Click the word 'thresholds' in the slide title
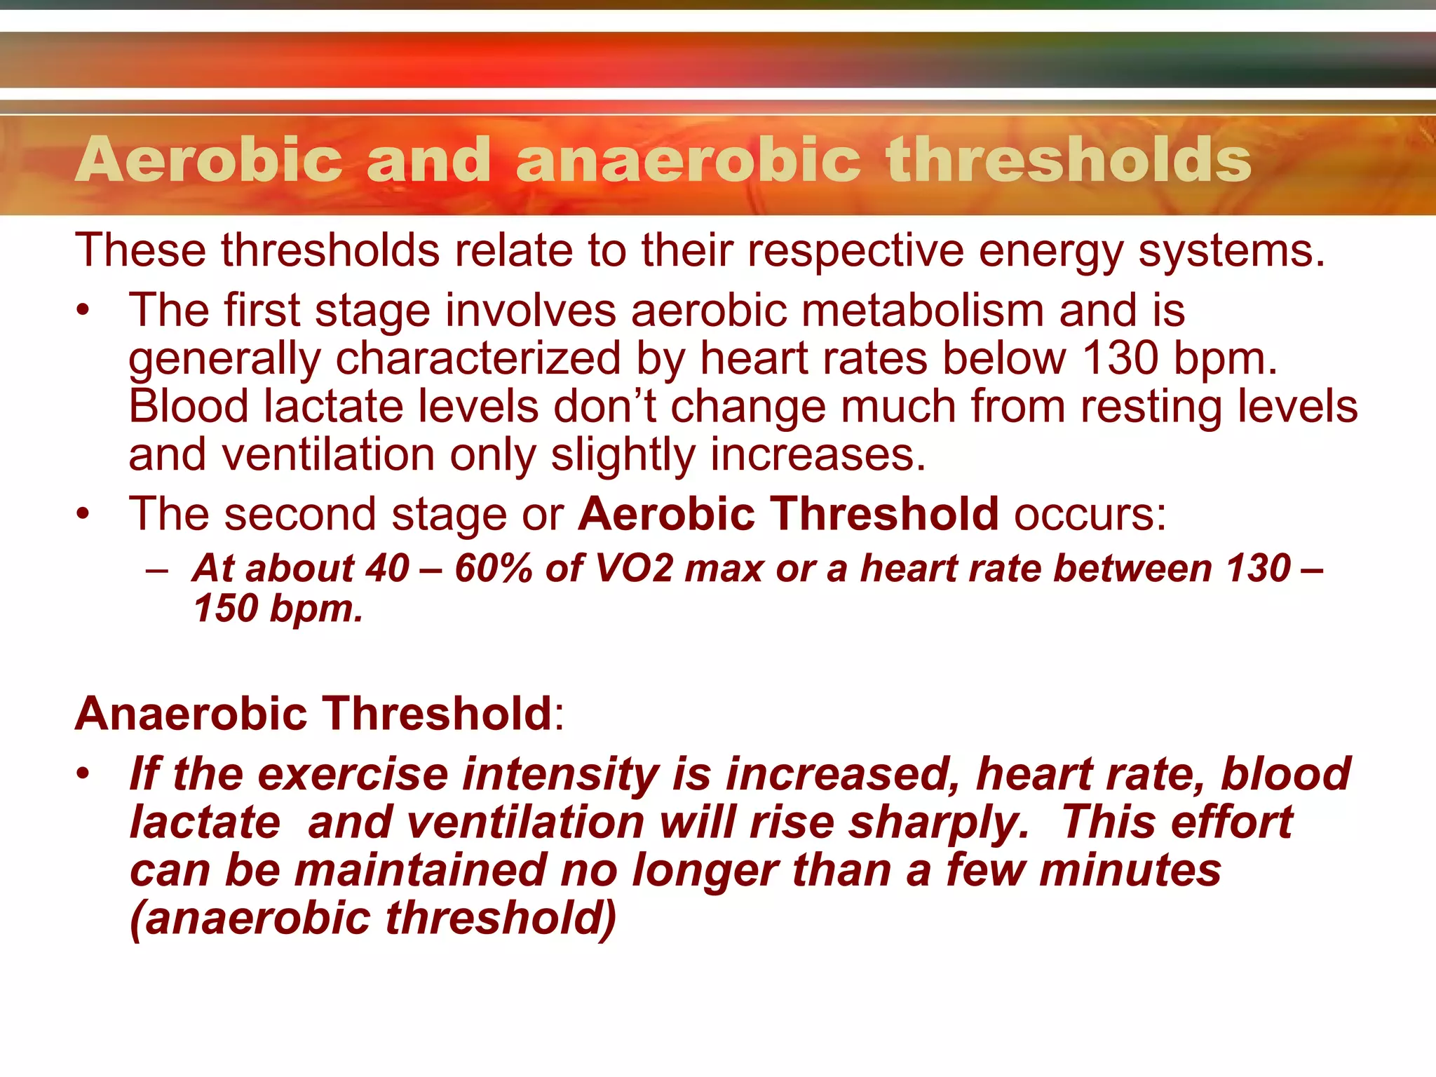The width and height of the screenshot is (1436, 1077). coord(1068,160)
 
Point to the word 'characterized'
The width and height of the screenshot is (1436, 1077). coord(478,359)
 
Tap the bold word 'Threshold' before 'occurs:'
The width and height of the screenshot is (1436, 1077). coord(885,514)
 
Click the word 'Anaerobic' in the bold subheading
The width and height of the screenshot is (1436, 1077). coord(191,714)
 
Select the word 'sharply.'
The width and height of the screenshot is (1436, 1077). coord(938,822)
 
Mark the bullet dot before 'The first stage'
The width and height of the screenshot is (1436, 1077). coord(83,311)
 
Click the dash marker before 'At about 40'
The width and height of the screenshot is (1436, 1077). coord(157,569)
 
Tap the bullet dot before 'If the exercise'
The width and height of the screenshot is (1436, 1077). coord(83,774)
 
